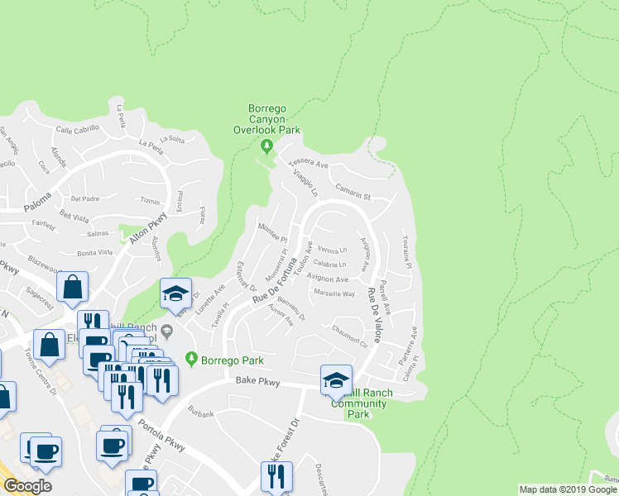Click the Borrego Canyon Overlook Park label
(274, 119)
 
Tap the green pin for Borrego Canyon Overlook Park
(266, 147)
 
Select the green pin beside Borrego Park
(192, 360)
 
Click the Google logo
(27, 485)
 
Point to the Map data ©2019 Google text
(568, 489)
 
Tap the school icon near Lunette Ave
(175, 294)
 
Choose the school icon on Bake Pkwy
(336, 379)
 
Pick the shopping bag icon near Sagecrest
(73, 287)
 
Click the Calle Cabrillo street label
(78, 129)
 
